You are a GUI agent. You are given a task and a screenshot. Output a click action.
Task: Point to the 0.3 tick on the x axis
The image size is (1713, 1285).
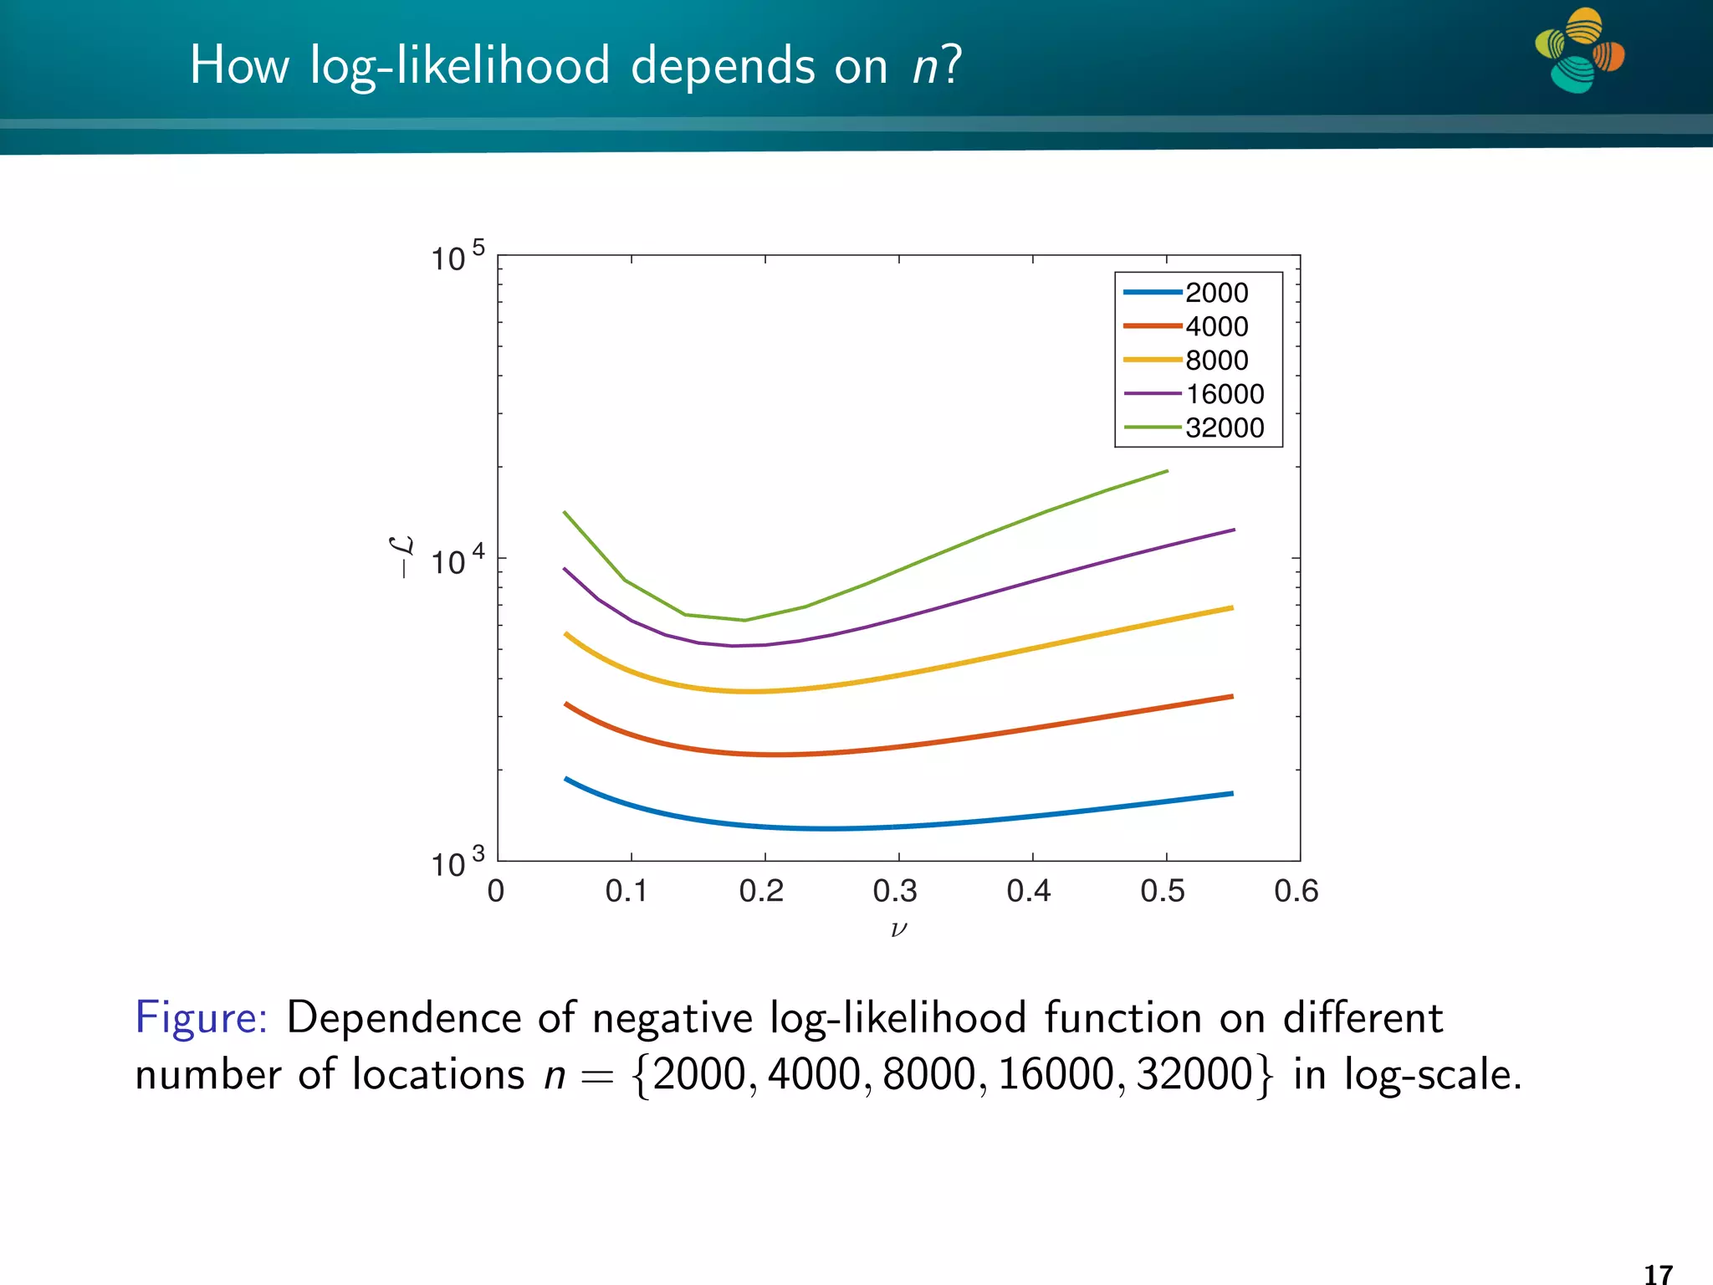895,891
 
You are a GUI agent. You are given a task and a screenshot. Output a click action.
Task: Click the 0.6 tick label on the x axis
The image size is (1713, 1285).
1296,891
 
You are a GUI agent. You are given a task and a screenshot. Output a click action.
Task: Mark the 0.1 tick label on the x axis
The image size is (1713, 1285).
626,891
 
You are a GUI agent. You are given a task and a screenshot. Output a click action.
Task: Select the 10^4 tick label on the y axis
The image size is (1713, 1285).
457,561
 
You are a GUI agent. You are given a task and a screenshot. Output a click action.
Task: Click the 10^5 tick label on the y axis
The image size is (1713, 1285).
457,257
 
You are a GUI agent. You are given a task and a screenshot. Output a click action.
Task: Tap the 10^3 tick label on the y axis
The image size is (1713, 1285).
457,863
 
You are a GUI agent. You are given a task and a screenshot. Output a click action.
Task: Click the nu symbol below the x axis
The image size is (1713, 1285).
898,929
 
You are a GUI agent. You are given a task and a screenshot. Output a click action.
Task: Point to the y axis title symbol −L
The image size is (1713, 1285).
402,557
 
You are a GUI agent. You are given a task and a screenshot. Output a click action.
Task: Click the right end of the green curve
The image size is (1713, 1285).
1167,471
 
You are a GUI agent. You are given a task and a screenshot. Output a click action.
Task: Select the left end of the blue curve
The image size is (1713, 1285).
566,779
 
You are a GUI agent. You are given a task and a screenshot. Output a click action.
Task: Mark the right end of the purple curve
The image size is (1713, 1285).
1234,530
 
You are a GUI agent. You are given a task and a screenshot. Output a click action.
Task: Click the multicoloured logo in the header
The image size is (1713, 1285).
1579,50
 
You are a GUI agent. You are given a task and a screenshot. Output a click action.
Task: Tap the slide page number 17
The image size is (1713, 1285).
1658,1274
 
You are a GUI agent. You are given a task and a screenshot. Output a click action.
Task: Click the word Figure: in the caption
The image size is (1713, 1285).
202,1018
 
